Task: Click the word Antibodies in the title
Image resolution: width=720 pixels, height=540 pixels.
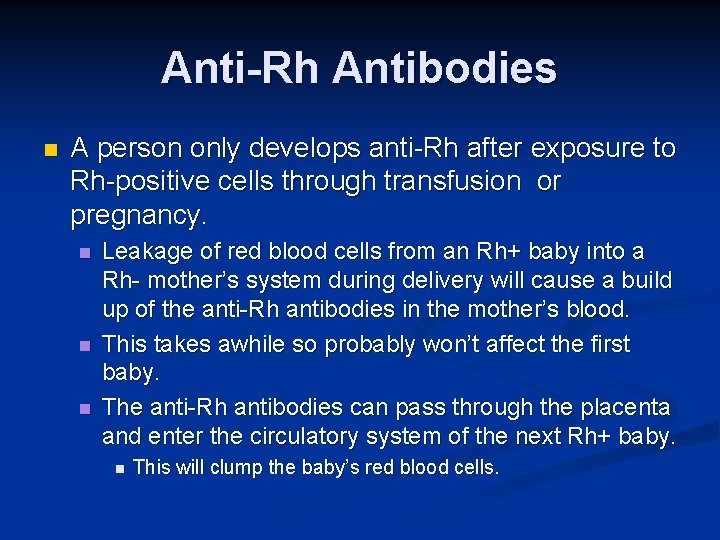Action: click(444, 68)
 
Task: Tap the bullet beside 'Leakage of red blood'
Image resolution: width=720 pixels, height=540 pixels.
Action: click(85, 252)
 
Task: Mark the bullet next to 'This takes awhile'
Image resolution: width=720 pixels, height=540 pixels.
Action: click(85, 346)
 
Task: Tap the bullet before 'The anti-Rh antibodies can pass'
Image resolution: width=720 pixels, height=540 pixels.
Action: click(85, 408)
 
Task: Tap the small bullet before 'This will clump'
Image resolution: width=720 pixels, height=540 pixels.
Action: click(118, 468)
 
